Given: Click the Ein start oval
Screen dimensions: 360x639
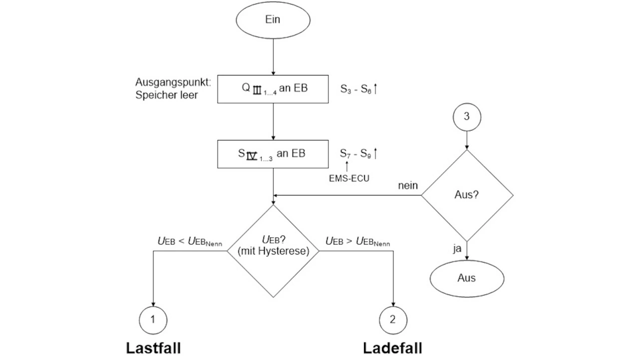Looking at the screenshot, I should tap(273, 20).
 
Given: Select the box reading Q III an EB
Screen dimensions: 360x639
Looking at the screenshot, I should tap(273, 89).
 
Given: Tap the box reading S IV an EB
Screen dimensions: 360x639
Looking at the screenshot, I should tap(273, 154).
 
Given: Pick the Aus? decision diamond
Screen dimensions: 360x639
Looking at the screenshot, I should tap(467, 195).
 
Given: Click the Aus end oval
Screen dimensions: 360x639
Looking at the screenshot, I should tap(467, 279).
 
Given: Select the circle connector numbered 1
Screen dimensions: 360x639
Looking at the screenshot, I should tap(153, 320).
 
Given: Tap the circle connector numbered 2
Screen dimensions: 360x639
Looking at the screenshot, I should tap(393, 320).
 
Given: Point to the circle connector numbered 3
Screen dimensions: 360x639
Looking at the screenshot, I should tap(467, 117).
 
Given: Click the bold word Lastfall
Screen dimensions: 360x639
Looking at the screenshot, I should tap(153, 348).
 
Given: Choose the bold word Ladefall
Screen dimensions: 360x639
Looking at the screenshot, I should tap(392, 348).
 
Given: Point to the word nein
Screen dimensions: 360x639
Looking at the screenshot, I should tap(407, 186).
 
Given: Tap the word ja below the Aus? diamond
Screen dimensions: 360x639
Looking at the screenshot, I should tap(457, 249).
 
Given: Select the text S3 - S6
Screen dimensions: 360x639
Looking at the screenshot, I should tap(355, 89).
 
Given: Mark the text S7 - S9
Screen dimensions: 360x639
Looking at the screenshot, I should tap(355, 154).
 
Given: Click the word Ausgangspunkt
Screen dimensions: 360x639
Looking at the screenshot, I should tap(173, 82).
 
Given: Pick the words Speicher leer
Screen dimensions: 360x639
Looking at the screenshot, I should tap(166, 95).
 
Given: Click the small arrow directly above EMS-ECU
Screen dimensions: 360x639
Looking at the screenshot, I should tap(346, 166).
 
